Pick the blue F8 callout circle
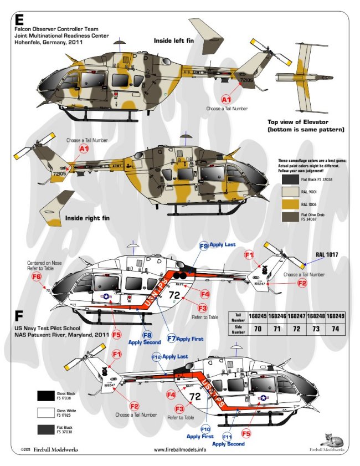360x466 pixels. pos(148,334)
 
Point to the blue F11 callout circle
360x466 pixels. pos(228,437)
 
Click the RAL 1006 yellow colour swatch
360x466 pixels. pos(288,204)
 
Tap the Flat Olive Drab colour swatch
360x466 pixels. pos(288,217)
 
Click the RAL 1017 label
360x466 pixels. pos(327,254)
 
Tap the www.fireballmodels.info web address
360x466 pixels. pos(179,449)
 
